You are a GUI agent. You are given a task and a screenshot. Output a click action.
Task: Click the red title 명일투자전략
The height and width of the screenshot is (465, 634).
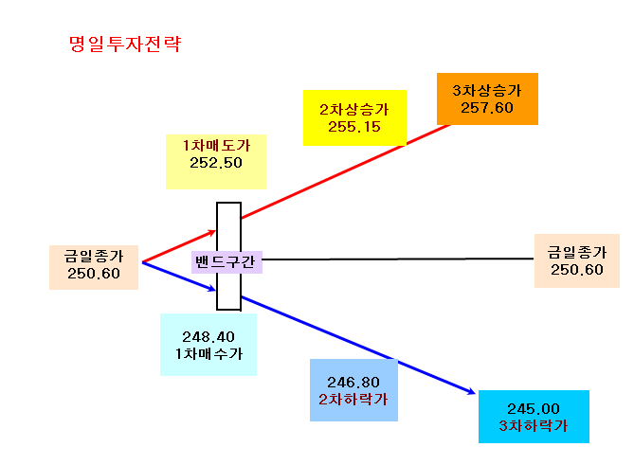[x=125, y=44]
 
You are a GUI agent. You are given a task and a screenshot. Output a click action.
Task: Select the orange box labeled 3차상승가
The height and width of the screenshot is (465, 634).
[x=487, y=99]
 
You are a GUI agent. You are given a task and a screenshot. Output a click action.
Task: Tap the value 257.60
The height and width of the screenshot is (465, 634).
[x=487, y=108]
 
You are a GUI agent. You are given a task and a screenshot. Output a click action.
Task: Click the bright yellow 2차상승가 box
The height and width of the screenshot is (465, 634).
[x=354, y=117]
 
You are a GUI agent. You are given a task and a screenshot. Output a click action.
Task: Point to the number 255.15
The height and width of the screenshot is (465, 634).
[x=354, y=127]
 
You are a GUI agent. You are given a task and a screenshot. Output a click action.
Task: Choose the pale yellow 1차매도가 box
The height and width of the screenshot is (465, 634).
[x=216, y=162]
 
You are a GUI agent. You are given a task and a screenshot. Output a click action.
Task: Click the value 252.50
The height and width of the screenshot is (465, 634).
[x=216, y=163]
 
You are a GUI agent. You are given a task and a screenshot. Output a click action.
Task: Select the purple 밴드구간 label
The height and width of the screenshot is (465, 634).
[x=226, y=262]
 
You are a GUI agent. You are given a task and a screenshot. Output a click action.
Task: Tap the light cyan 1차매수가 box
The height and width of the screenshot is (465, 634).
[x=208, y=345]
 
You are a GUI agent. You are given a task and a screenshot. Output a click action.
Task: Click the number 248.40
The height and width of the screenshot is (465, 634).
[x=208, y=336]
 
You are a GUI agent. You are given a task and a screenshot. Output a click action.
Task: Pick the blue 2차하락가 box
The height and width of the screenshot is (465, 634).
[x=353, y=390]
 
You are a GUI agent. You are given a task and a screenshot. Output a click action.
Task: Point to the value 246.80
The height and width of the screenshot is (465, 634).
[x=353, y=383]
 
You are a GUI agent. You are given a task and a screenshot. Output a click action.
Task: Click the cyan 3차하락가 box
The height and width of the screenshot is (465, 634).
[x=534, y=417]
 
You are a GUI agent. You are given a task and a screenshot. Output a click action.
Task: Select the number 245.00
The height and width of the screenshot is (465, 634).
[x=534, y=409]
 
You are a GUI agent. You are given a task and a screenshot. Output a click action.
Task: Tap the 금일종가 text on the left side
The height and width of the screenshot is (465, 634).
[x=94, y=256]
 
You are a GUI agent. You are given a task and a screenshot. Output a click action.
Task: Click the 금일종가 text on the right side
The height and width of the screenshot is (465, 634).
[x=577, y=252]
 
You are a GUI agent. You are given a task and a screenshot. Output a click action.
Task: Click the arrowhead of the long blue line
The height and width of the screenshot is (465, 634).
[x=472, y=392]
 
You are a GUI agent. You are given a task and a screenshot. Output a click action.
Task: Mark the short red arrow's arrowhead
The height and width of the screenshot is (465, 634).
[x=212, y=232]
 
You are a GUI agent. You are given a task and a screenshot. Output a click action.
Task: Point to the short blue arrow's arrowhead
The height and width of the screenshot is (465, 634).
[x=212, y=289]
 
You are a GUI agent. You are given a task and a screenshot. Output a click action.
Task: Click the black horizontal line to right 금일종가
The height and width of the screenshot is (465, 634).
[x=398, y=259]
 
